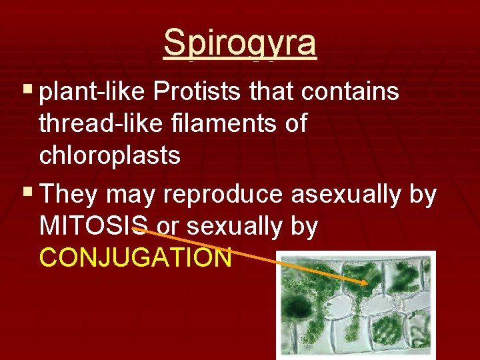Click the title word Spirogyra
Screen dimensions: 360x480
click(x=240, y=43)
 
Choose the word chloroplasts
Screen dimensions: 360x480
click(x=110, y=155)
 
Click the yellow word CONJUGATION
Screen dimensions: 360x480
click(x=135, y=257)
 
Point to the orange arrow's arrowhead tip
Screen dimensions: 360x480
click(x=367, y=283)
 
